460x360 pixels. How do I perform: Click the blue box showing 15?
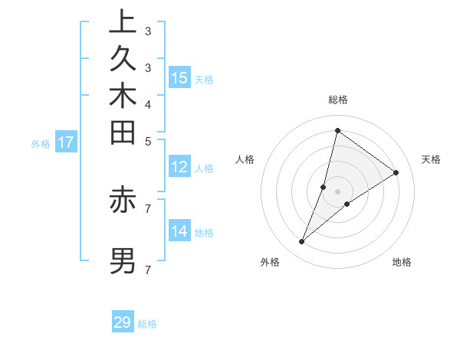(x=179, y=77)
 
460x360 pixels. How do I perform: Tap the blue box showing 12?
(x=179, y=166)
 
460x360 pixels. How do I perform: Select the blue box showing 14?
(x=179, y=231)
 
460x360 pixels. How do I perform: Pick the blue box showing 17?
(x=66, y=142)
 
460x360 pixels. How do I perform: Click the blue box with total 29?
(x=123, y=322)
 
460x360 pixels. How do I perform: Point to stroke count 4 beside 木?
(x=147, y=104)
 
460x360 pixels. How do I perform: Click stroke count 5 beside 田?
(x=147, y=141)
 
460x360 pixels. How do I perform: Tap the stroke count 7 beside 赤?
(x=147, y=207)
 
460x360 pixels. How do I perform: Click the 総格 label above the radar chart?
(x=338, y=100)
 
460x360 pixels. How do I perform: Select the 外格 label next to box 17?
(x=41, y=142)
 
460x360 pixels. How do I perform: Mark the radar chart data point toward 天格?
(x=396, y=173)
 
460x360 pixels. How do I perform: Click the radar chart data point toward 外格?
(x=302, y=242)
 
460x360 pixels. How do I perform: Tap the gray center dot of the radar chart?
(x=337, y=191)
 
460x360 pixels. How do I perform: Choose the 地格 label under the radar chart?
(x=402, y=262)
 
